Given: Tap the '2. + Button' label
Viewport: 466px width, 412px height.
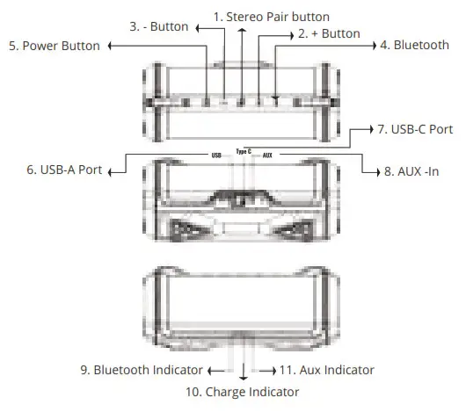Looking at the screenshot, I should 329,33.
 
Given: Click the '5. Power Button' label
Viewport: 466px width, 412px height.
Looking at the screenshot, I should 55,45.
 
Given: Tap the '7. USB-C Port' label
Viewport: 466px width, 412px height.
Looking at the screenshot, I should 415,129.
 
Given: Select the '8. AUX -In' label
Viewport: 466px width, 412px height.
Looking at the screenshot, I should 419,171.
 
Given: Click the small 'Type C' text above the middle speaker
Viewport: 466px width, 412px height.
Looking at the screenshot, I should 244,151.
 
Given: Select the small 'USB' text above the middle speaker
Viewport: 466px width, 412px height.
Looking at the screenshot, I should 216,155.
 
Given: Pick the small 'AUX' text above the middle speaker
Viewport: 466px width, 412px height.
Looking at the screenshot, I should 268,155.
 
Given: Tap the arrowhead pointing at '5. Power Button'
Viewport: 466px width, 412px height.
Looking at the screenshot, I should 112,45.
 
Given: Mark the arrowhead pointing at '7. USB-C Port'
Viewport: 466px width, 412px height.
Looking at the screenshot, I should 369,129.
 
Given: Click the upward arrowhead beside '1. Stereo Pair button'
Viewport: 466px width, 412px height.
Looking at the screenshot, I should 244,29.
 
